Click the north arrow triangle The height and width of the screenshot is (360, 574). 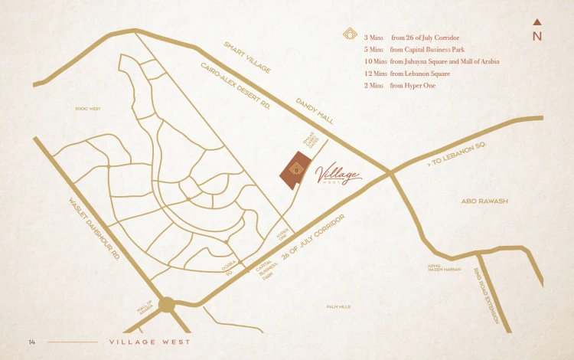[537, 21]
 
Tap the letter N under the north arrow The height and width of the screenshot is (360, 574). [537, 36]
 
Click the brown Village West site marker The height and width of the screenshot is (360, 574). [293, 170]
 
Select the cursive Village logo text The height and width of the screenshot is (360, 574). [337, 175]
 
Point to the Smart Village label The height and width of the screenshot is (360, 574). [247, 57]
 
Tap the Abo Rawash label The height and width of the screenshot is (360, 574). [484, 201]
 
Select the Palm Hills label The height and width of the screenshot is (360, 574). [338, 306]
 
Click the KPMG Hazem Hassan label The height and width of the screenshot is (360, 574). [445, 268]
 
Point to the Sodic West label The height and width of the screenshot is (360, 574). [88, 109]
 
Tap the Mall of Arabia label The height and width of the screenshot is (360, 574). [145, 306]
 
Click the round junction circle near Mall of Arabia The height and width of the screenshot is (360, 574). [167, 303]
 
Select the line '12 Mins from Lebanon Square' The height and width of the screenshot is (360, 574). [406, 74]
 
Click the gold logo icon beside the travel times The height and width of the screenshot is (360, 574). [349, 34]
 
